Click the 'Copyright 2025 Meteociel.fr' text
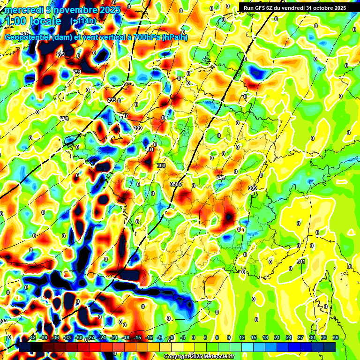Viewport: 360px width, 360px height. tap(199, 357)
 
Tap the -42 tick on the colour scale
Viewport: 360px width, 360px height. tap(32, 338)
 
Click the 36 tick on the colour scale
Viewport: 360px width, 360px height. tap(336, 338)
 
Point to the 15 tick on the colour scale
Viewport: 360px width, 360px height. tap(253, 338)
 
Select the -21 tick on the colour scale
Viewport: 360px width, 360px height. tap(113, 338)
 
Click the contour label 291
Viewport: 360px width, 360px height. tap(77, 72)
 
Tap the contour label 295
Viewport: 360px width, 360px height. tap(112, 100)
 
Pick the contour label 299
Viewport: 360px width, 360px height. tap(138, 128)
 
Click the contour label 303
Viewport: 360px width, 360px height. tap(161, 165)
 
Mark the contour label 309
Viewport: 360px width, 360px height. tap(253, 188)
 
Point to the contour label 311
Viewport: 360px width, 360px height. tap(302, 262)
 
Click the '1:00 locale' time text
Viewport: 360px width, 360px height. tap(33, 21)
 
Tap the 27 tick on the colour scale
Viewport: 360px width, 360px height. tap(300, 338)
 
